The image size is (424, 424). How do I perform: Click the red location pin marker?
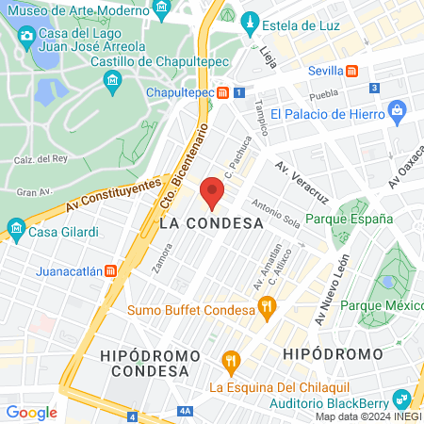[213, 191]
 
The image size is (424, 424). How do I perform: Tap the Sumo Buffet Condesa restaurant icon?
[268, 305]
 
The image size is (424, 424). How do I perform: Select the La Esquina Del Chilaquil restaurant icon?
[229, 360]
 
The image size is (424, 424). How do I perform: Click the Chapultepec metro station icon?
[223, 93]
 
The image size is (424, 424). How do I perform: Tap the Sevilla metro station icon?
[351, 71]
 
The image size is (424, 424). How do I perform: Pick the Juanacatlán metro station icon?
[111, 269]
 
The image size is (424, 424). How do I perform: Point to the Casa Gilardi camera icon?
[15, 227]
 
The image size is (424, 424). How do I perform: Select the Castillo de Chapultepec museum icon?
[113, 81]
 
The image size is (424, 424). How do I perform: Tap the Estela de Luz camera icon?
[250, 21]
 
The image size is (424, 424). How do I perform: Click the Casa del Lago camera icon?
[26, 37]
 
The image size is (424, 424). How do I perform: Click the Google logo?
[31, 412]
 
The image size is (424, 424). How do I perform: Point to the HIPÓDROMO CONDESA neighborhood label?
[151, 363]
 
